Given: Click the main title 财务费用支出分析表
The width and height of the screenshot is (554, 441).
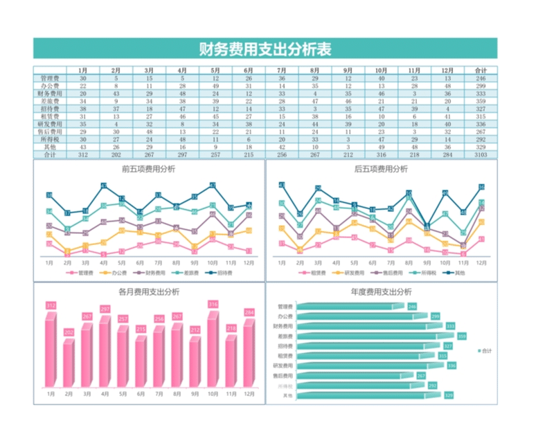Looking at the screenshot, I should tap(265, 49).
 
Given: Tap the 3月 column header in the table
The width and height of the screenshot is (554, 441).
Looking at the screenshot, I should tap(149, 70).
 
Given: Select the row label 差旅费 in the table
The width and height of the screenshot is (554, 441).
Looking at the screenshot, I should tap(50, 101).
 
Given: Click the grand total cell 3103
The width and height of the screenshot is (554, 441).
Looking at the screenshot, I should tap(480, 155).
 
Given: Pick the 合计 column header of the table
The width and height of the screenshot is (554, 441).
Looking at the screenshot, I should tap(480, 70).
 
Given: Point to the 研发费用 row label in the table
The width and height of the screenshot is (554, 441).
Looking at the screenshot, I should tap(50, 124).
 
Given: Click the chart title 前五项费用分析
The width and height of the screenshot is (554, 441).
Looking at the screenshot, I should tap(148, 169).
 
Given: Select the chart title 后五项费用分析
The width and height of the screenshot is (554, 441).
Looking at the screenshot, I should tap(381, 169).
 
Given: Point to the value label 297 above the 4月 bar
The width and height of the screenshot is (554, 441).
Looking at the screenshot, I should tap(105, 309).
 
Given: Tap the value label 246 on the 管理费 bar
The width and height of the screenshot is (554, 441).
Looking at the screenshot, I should tap(412, 307).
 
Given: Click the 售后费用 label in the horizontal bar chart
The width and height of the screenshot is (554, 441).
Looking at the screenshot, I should tap(283, 375).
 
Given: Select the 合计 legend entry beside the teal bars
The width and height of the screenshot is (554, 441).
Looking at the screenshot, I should tap(485, 351).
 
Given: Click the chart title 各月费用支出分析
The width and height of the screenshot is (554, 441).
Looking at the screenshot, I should tap(148, 291).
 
